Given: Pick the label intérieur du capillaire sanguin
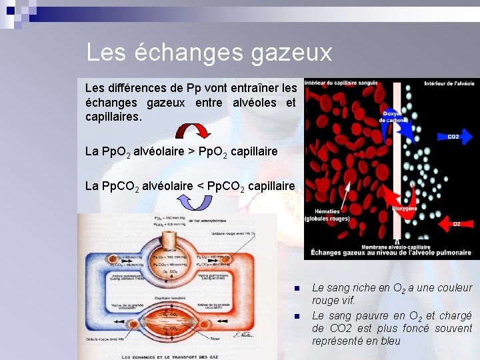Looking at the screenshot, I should click(x=341, y=83).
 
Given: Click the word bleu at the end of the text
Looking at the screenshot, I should click(x=389, y=341).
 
